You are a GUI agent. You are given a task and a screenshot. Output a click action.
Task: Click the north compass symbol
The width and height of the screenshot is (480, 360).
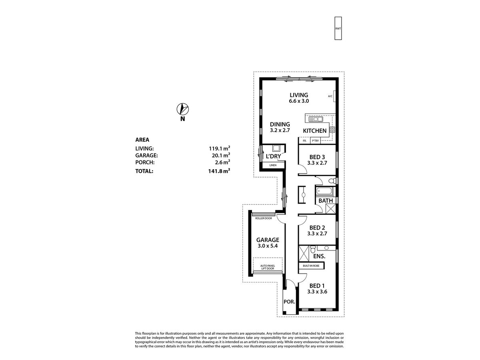(182, 109)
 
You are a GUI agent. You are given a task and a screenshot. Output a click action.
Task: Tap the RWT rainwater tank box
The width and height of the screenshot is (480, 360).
(338, 28)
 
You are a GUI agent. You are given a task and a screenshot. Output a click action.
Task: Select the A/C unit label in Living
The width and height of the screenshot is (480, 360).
(330, 96)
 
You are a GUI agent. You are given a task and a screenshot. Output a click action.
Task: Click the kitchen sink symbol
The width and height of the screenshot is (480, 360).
(316, 119)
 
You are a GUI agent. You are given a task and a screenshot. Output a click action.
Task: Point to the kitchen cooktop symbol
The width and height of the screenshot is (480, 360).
(332, 129)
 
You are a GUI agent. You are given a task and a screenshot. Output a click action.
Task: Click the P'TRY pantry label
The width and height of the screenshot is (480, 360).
(315, 141)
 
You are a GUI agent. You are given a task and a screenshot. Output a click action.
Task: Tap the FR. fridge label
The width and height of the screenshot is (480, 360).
(304, 141)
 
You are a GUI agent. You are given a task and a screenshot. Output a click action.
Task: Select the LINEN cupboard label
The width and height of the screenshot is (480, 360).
(273, 165)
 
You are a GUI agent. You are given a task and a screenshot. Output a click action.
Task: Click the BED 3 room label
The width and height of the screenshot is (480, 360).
(317, 157)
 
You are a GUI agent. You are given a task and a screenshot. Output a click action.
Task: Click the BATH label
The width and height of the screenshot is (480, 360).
(326, 200)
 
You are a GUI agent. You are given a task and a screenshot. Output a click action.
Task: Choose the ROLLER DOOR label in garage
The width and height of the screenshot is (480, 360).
(263, 218)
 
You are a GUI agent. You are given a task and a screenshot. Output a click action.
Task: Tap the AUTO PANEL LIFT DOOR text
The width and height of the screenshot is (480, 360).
(268, 267)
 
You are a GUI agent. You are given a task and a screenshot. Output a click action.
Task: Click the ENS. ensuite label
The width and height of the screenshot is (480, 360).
(319, 256)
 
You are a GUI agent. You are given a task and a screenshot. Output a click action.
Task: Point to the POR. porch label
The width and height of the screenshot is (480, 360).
(289, 302)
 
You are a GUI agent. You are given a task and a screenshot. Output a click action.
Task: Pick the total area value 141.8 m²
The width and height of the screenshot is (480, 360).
(216, 170)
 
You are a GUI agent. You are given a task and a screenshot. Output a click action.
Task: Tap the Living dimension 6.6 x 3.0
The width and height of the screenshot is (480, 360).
(299, 101)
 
